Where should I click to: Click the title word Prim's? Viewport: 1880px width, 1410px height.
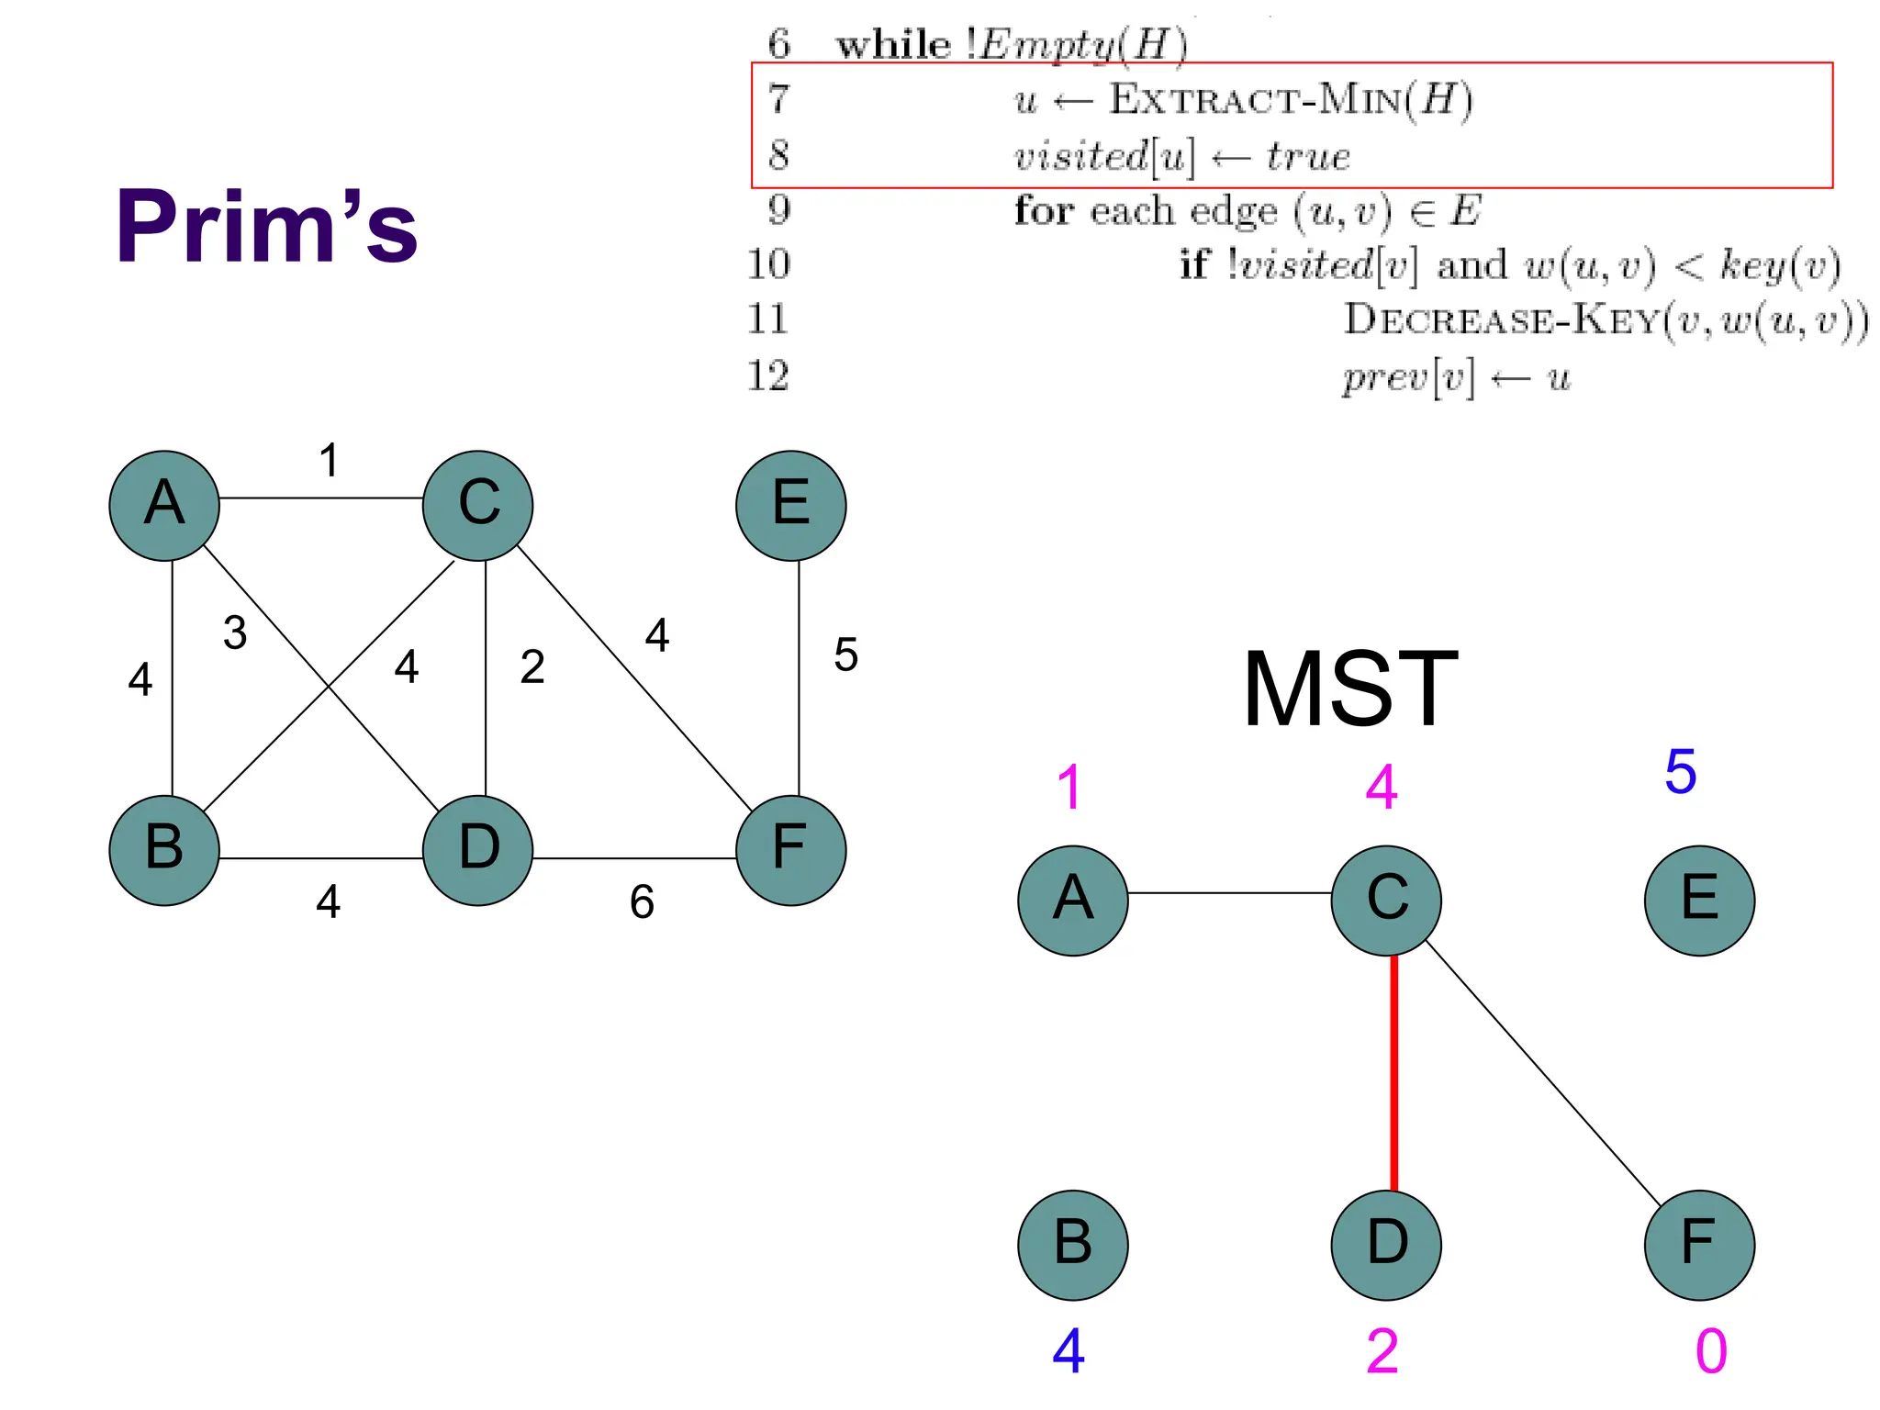point(266,226)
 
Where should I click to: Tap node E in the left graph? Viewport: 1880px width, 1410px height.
point(790,505)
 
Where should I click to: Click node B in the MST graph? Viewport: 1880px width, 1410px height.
point(1072,1245)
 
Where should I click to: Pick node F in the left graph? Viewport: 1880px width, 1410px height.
point(790,850)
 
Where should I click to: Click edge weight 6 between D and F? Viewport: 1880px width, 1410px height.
point(642,901)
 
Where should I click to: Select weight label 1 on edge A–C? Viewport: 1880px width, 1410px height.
point(329,460)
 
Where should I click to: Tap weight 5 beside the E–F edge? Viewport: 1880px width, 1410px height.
point(845,655)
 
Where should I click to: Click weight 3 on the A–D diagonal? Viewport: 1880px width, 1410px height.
point(235,632)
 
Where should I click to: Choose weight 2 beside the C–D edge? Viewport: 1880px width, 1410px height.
point(532,666)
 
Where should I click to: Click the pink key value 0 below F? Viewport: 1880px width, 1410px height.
point(1711,1350)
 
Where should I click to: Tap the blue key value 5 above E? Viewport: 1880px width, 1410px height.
point(1680,771)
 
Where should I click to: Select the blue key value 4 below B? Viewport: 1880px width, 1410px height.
point(1069,1350)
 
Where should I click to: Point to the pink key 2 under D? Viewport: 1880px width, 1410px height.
point(1382,1350)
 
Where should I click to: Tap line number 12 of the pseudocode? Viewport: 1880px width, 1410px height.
point(768,375)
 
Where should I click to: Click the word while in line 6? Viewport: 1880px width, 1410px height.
point(893,44)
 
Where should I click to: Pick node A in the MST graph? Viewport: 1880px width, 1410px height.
point(1072,900)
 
